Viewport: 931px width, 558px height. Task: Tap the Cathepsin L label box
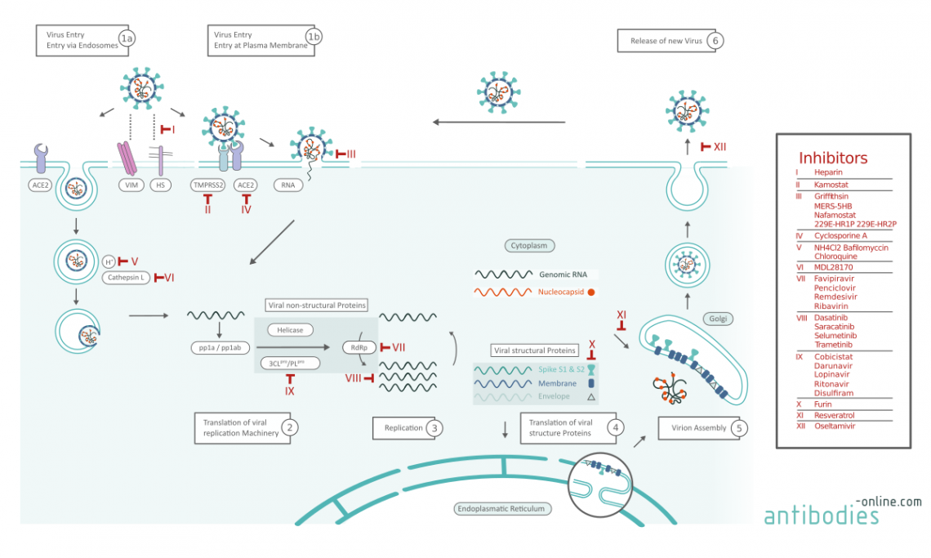coord(125,278)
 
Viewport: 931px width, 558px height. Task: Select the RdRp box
coord(354,346)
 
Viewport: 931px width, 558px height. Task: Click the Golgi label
coord(717,319)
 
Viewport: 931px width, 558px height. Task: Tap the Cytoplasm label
coord(528,245)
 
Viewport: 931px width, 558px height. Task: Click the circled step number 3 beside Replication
coord(436,427)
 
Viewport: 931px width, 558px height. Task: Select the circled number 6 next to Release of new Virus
coord(715,40)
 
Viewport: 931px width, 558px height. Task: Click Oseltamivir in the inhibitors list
coord(835,426)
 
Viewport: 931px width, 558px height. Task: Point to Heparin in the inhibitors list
coord(828,172)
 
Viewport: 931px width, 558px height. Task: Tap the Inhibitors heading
coord(833,158)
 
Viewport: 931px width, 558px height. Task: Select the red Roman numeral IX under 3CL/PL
coord(290,391)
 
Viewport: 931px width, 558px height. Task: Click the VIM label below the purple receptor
coord(127,185)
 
